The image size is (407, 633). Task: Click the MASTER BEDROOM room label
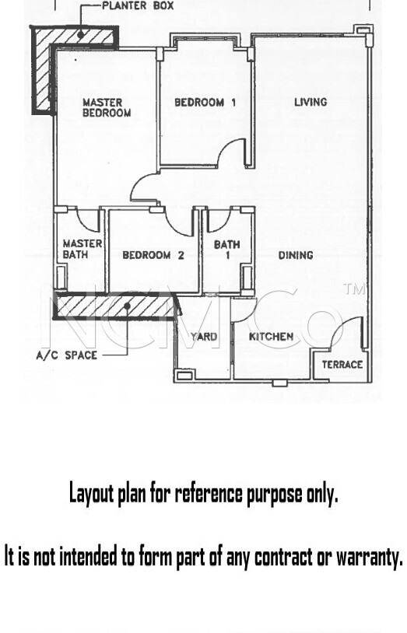click(x=107, y=108)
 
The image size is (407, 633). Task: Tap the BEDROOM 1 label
click(x=205, y=103)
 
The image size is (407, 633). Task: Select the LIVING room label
click(x=311, y=102)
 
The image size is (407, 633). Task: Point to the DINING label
click(x=296, y=255)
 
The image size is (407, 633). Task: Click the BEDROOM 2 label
click(x=153, y=255)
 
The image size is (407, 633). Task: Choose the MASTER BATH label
click(x=82, y=249)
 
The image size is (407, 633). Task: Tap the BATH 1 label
click(x=226, y=250)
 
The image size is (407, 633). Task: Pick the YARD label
click(x=204, y=337)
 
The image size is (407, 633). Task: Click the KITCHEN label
click(x=271, y=337)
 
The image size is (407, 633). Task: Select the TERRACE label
click(x=342, y=365)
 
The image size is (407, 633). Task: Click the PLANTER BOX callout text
click(x=138, y=5)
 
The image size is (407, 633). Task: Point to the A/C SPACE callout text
click(x=67, y=355)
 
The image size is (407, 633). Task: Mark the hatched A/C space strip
click(x=115, y=306)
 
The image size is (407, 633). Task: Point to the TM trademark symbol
click(x=354, y=289)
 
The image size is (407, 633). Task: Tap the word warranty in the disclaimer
click(x=370, y=557)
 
